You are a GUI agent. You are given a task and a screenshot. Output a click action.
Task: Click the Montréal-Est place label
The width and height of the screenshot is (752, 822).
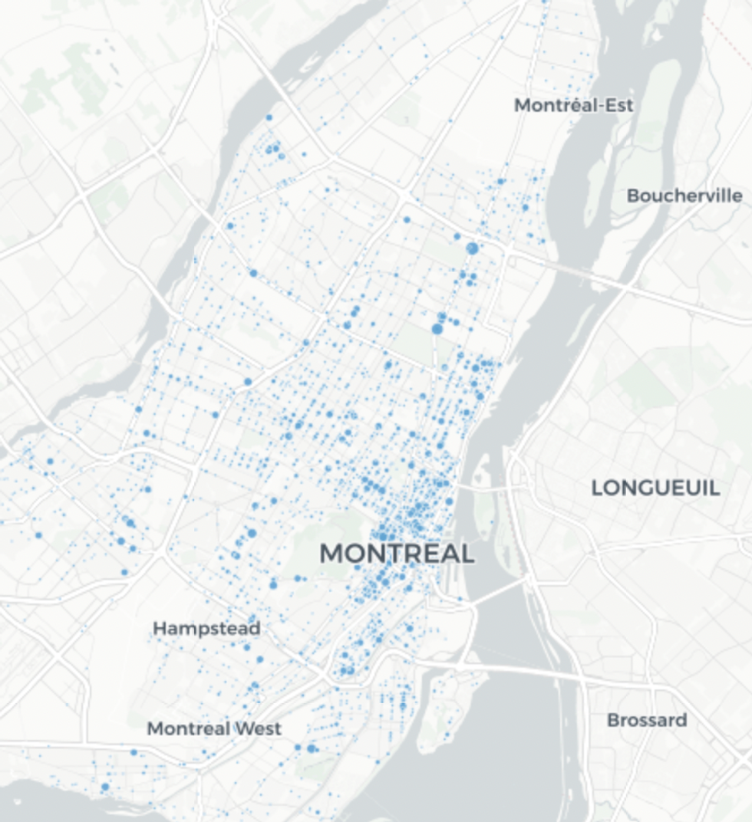(574, 105)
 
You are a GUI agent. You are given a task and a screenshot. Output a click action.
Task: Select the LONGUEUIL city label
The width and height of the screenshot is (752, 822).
(655, 488)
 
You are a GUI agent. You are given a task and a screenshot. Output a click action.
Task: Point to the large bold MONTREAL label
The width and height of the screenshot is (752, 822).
(397, 553)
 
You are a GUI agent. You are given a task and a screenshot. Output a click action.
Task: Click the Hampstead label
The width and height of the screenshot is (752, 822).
(206, 629)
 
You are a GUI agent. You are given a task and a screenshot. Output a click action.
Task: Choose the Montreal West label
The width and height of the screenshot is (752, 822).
(214, 728)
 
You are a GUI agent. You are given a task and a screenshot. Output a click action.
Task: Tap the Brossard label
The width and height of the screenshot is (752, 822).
(647, 720)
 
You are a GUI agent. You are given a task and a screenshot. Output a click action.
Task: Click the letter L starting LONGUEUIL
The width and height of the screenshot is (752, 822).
(597, 488)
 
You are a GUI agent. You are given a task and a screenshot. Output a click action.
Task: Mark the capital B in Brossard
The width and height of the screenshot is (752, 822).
(612, 720)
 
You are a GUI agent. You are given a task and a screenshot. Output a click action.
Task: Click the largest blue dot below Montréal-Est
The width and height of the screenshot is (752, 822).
(472, 248)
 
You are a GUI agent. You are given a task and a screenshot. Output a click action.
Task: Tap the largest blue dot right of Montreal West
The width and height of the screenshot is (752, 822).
(312, 748)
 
